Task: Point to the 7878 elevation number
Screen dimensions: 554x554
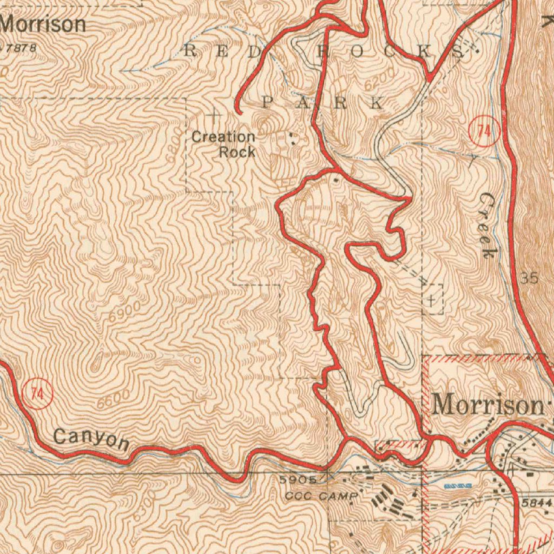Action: pos(22,48)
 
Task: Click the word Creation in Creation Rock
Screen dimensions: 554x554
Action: pos(223,137)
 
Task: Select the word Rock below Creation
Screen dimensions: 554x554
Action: pos(237,152)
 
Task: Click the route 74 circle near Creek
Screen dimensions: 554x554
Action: pos(484,131)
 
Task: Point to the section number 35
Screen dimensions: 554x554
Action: pos(530,279)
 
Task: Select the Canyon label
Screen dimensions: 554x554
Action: pos(91,438)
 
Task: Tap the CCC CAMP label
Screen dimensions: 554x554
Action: pos(321,496)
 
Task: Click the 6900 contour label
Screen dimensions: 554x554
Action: pos(124,311)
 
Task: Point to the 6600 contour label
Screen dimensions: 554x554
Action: pos(114,399)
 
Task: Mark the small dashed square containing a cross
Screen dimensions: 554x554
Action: pos(432,299)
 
